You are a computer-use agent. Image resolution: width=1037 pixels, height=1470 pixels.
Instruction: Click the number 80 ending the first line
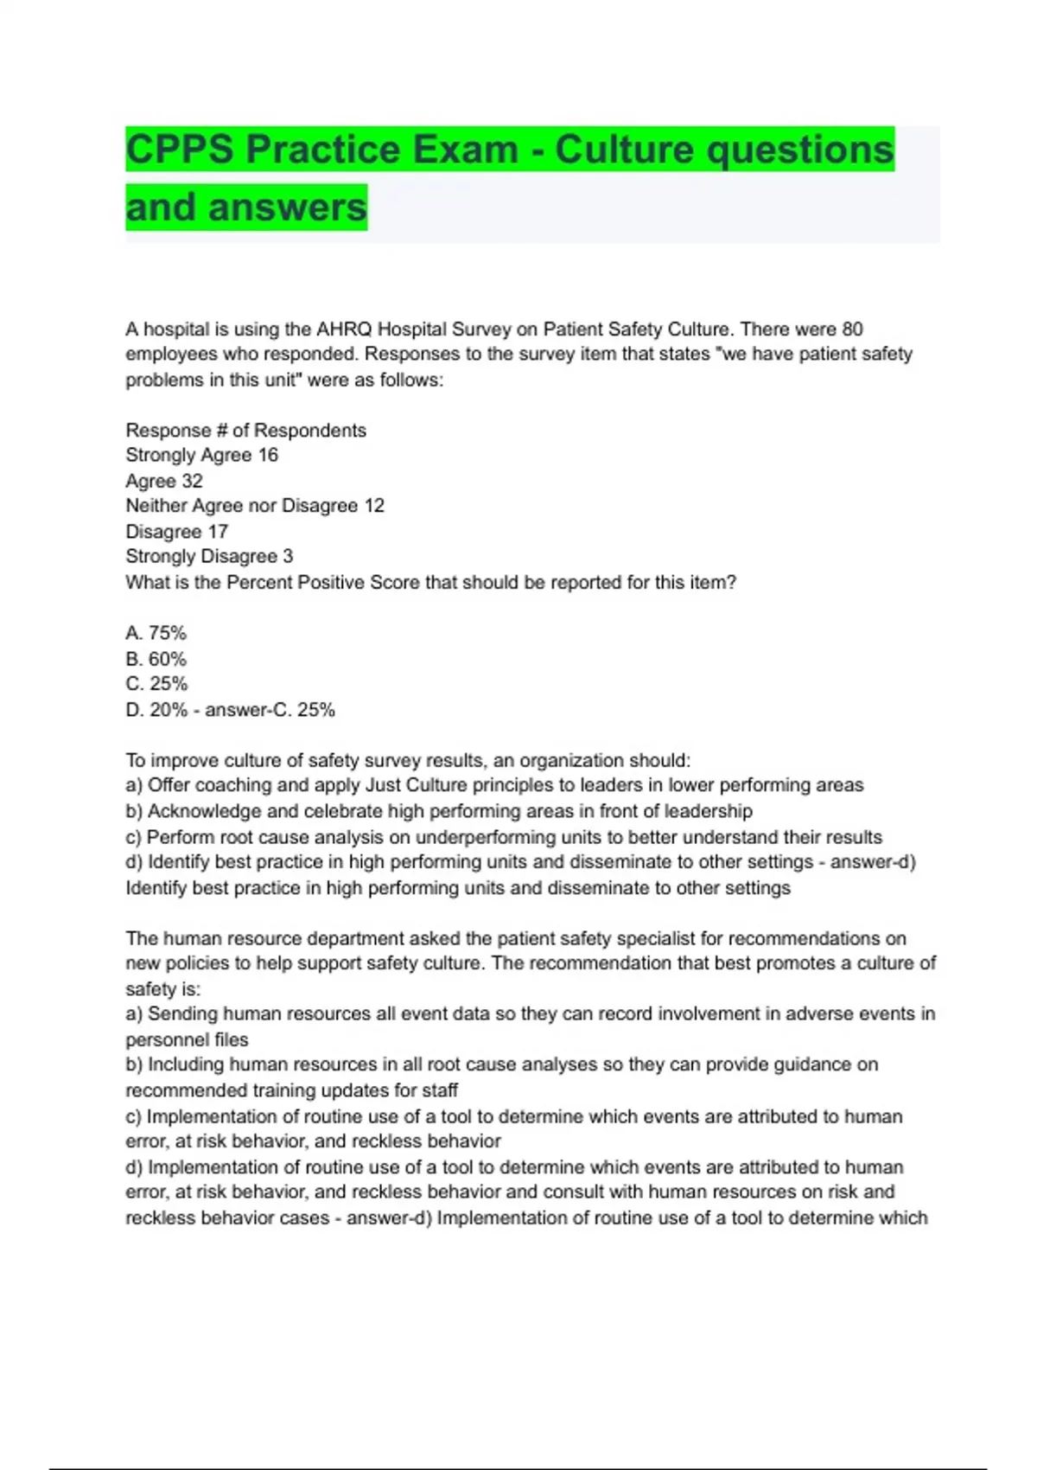click(x=852, y=329)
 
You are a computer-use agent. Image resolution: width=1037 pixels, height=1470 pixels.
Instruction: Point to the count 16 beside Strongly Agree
click(x=268, y=455)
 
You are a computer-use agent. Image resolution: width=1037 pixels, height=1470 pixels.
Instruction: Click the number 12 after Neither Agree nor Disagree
click(x=374, y=506)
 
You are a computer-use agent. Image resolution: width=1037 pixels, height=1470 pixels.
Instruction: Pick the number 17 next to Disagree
click(x=218, y=531)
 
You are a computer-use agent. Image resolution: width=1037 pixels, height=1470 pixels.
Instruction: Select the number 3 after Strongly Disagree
click(x=288, y=556)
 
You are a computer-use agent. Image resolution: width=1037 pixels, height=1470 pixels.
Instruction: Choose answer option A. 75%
click(x=156, y=633)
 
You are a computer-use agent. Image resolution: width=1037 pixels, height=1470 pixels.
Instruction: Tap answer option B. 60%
click(x=156, y=659)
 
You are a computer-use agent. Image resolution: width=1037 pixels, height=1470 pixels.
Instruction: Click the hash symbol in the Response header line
click(x=218, y=431)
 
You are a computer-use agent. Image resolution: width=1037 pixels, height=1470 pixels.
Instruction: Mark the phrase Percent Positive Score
click(x=324, y=583)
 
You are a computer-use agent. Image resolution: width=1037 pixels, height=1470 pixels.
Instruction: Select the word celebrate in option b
click(x=345, y=811)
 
